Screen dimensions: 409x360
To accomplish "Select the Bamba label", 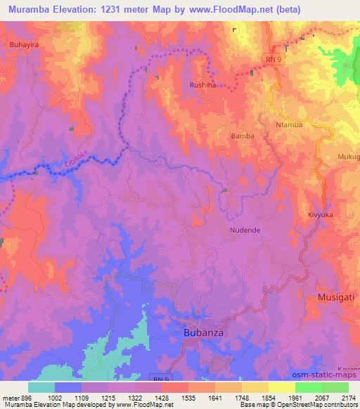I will tap(242, 136).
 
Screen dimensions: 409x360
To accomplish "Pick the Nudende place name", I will tap(245, 230).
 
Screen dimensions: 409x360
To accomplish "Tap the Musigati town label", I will tap(336, 299).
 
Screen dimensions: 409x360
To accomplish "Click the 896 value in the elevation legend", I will tap(19, 397).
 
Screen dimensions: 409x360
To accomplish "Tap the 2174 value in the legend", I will tap(348, 397).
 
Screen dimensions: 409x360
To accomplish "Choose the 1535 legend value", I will tap(176, 397).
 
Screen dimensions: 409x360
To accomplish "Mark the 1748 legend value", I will tap(228, 397).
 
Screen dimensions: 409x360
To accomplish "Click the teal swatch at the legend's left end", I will tap(41, 387).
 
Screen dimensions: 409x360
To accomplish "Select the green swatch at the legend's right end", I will tap(335, 387).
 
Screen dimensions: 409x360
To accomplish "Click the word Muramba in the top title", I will tap(35, 9).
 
